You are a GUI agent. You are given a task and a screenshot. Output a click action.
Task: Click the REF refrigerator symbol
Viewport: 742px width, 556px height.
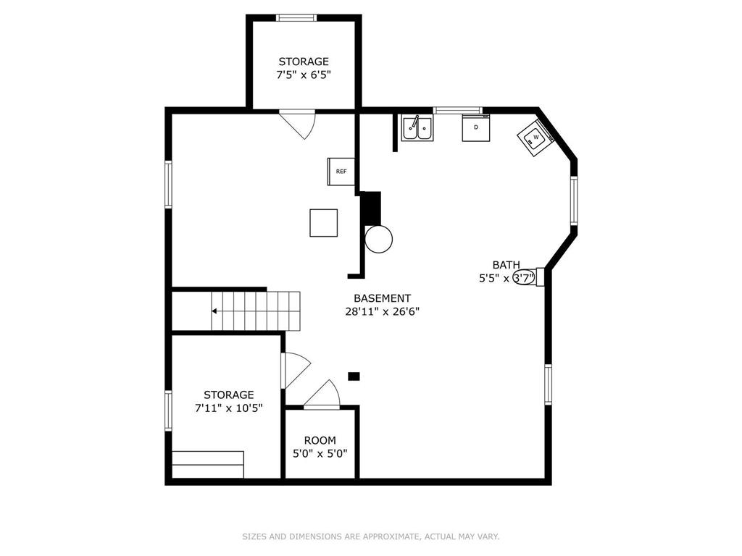(x=341, y=172)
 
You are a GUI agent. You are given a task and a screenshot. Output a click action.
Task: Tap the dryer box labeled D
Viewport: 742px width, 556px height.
(x=476, y=127)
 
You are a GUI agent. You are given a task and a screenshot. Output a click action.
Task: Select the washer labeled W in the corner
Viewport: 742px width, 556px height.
(x=535, y=138)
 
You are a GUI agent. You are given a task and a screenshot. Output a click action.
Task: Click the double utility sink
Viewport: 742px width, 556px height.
(x=418, y=128)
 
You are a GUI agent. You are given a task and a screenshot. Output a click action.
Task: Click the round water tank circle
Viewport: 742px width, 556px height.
(x=378, y=238)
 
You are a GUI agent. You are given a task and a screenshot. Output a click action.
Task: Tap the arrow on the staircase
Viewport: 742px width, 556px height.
(x=216, y=311)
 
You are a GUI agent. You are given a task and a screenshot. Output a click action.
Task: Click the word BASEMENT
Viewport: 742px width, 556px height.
(x=382, y=298)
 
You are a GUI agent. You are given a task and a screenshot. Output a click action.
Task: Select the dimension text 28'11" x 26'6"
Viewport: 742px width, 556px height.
(x=382, y=312)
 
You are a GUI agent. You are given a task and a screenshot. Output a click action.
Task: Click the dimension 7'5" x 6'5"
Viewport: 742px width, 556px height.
(x=304, y=75)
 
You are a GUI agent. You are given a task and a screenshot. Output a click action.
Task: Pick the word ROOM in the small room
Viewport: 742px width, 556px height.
(x=320, y=440)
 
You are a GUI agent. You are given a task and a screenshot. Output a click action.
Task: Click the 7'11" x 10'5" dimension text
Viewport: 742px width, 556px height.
(x=228, y=408)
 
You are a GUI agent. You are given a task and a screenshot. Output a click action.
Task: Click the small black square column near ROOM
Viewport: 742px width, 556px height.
(x=354, y=376)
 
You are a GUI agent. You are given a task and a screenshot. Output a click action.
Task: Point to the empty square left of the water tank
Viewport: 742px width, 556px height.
(x=323, y=222)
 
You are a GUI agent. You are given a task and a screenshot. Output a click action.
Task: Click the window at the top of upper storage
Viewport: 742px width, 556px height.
(x=296, y=18)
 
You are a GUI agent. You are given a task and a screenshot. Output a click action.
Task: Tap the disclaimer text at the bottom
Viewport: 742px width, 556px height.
(x=370, y=536)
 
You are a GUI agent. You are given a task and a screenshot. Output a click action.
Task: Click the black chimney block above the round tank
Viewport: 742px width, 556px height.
(x=370, y=208)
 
